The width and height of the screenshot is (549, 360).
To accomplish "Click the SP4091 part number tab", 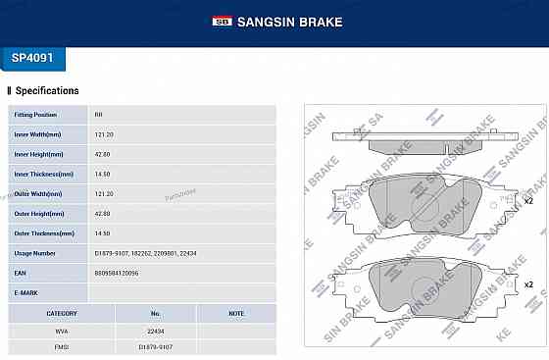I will click(33, 58).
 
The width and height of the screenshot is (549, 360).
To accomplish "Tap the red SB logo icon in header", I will click(222, 21).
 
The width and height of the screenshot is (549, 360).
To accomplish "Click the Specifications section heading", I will click(47, 91).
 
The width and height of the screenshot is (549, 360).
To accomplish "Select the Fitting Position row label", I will click(36, 115).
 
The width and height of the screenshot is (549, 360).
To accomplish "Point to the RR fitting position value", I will click(98, 115).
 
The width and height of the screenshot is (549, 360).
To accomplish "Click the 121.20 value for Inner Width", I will click(103, 134).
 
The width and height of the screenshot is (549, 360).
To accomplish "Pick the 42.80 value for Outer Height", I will click(103, 214).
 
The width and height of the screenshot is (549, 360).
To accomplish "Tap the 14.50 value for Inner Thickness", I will click(102, 174).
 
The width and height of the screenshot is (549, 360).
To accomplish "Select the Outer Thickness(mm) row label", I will click(44, 233).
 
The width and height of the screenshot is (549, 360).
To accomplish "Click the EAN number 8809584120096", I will click(118, 273).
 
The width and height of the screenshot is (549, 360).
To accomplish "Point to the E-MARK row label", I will click(26, 292).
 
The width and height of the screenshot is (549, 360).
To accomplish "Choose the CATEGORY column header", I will click(62, 314).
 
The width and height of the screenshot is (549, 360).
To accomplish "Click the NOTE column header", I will click(235, 314).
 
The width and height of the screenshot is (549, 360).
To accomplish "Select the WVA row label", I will click(62, 331).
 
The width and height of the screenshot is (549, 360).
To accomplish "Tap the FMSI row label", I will click(62, 346).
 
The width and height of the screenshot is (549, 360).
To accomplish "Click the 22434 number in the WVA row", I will click(155, 331).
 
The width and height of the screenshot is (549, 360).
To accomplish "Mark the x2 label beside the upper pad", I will click(527, 201).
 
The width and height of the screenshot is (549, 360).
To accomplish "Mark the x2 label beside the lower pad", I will click(527, 284).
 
